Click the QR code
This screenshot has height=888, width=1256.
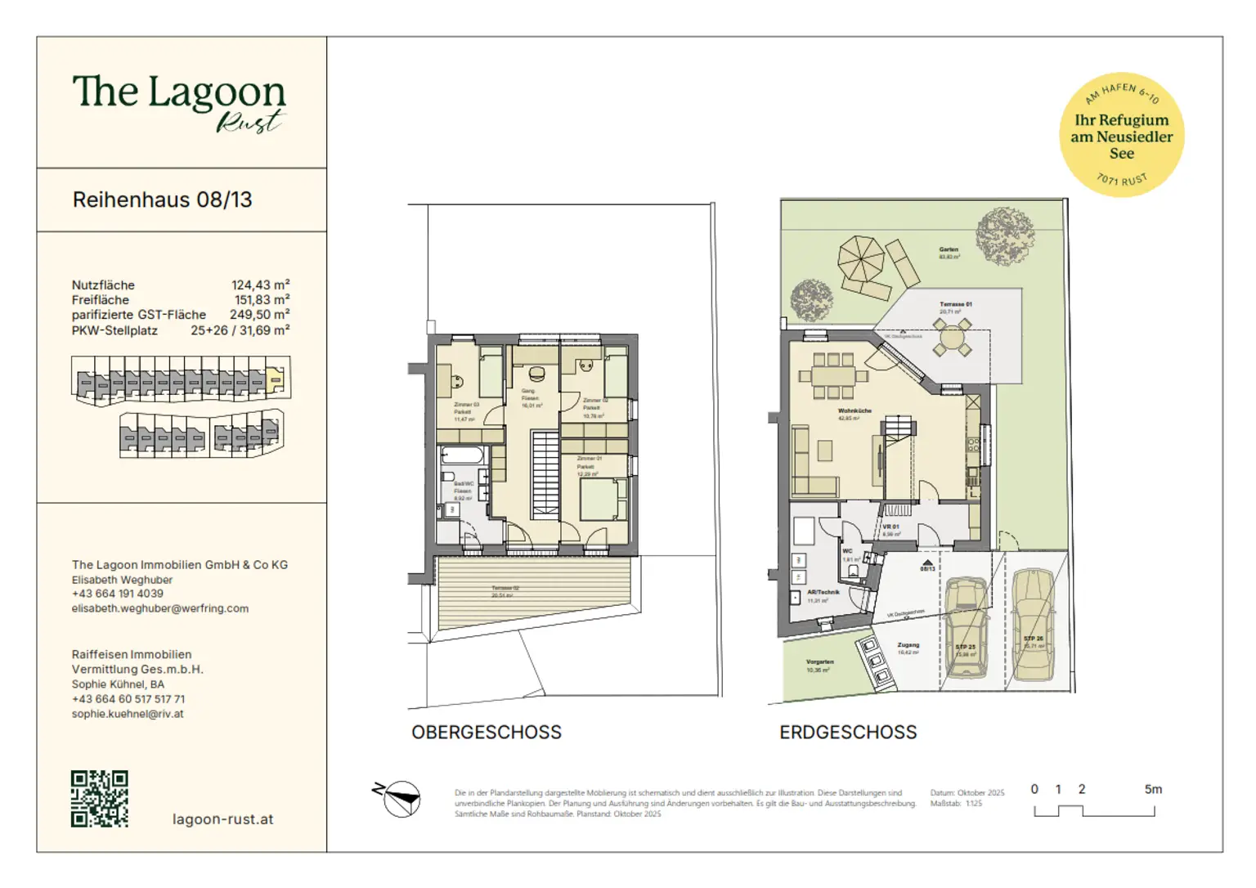(99, 799)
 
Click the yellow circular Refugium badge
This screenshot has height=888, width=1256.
(1121, 135)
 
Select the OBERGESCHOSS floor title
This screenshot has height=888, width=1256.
(486, 733)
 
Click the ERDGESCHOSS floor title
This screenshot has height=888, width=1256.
(848, 733)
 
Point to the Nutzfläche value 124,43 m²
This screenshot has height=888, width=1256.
(260, 285)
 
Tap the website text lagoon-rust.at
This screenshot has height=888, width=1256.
(222, 819)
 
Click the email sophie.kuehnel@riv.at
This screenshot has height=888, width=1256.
(128, 714)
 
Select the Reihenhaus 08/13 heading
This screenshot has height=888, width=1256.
(162, 200)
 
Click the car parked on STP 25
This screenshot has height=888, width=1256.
(966, 628)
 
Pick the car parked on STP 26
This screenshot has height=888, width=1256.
(1033, 626)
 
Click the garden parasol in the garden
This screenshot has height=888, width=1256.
(861, 259)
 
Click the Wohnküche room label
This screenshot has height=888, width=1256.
(855, 411)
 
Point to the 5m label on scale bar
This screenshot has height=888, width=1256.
(1153, 790)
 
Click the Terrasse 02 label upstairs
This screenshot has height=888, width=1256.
(505, 589)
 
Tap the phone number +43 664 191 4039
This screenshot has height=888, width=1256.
(118, 594)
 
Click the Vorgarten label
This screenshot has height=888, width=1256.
(819, 662)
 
